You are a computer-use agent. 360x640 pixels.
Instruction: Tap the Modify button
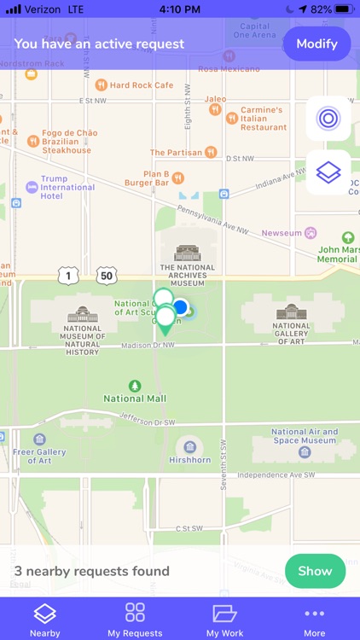[316, 43]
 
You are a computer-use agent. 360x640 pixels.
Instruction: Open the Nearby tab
[44, 620]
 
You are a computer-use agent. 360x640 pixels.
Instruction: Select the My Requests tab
[135, 620]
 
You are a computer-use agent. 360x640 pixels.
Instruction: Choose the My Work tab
[224, 620]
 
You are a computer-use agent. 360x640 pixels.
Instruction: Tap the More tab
[314, 620]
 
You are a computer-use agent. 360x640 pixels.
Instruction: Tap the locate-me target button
[328, 119]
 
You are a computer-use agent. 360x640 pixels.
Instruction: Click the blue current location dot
[181, 306]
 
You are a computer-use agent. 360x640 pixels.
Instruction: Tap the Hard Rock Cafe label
[141, 85]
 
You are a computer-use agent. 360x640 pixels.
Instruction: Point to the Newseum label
[282, 233]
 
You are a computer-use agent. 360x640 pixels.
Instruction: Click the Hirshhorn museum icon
[189, 447]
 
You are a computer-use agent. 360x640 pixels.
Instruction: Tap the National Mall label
[135, 398]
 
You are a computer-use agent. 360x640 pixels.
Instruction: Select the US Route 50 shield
[106, 275]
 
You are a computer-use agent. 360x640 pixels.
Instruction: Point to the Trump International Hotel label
[67, 188]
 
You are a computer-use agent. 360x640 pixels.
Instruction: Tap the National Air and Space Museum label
[304, 436]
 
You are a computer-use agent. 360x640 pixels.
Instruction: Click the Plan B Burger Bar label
[145, 177]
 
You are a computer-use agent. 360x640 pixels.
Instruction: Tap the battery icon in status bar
[345, 9]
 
